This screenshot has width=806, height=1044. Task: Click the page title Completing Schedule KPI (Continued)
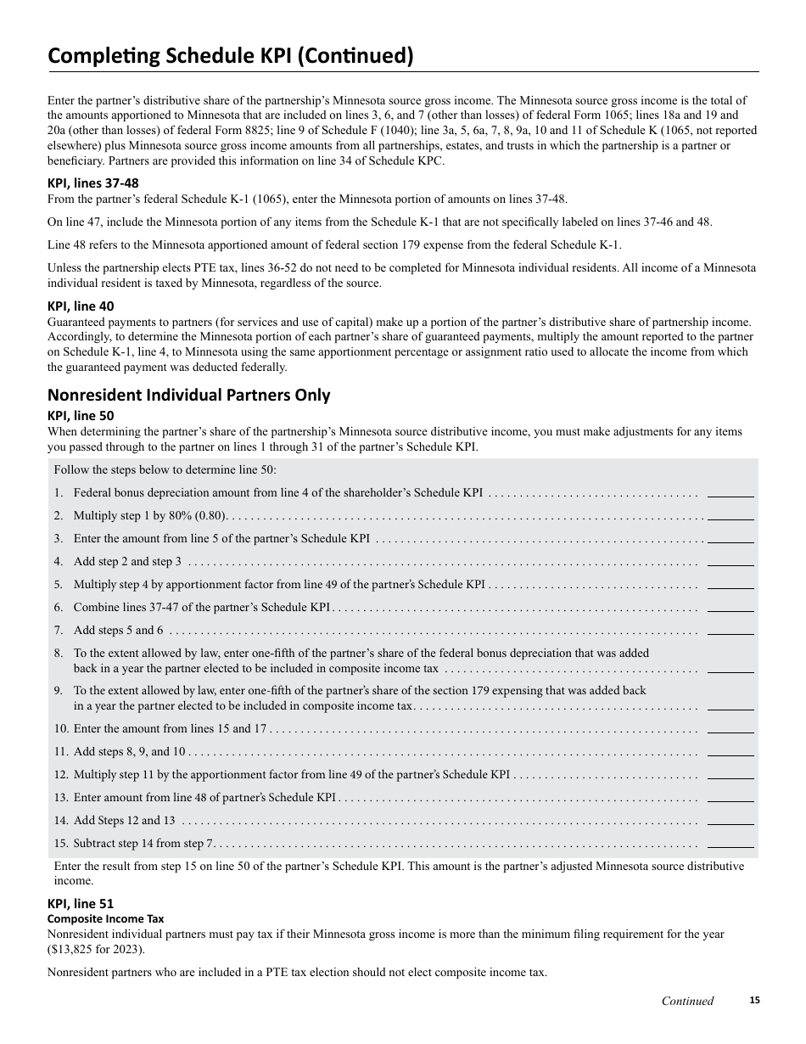pyautogui.click(x=230, y=56)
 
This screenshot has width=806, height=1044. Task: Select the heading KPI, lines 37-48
pyautogui.click(x=92, y=183)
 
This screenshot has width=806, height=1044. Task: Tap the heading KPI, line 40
pyautogui.click(x=81, y=306)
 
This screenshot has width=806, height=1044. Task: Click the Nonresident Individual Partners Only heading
pyautogui.click(x=188, y=395)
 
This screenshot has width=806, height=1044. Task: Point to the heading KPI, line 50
pyautogui.click(x=81, y=416)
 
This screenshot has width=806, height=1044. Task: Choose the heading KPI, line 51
pyautogui.click(x=81, y=904)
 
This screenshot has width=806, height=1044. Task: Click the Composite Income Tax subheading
pyautogui.click(x=105, y=918)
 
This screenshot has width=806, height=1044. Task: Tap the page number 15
pyautogui.click(x=754, y=1001)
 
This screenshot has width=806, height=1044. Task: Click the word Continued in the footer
pyautogui.click(x=687, y=1001)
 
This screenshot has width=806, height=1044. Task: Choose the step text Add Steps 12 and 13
pyautogui.click(x=124, y=820)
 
